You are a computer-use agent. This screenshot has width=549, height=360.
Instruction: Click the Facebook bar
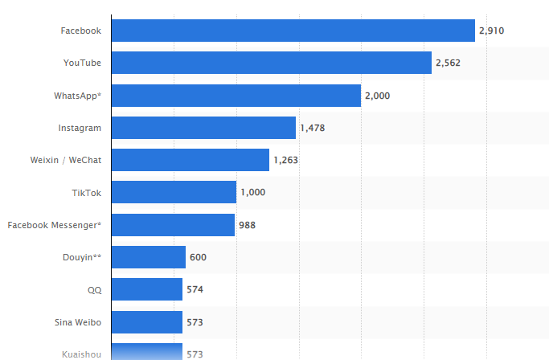293,31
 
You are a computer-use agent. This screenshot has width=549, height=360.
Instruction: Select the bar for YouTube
271,63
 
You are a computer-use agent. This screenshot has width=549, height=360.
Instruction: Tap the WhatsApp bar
236,96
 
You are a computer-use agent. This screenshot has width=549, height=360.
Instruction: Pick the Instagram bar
203,128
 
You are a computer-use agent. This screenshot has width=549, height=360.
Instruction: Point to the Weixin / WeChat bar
190,160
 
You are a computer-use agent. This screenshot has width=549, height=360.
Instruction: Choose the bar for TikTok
174,192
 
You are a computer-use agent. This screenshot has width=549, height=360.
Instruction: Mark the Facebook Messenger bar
173,225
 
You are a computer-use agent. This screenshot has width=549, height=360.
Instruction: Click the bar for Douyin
148,257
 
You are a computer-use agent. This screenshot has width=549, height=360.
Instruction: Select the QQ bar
146,289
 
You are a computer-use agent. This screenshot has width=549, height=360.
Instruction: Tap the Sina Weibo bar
146,322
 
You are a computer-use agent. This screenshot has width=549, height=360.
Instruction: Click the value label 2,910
491,31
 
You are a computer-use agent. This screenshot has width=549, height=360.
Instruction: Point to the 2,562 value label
448,63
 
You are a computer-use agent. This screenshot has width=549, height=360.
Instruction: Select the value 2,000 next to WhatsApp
377,96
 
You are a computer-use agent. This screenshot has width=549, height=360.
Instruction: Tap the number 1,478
312,128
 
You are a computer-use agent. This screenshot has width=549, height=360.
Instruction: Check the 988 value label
247,225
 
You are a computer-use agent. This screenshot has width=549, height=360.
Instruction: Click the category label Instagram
80,128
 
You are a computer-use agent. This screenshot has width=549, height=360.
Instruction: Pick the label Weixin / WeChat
65,160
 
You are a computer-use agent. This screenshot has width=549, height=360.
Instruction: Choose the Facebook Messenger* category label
54,225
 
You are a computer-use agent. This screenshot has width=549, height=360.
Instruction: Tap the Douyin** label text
82,257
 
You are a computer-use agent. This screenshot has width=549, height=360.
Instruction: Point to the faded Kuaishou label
81,354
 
